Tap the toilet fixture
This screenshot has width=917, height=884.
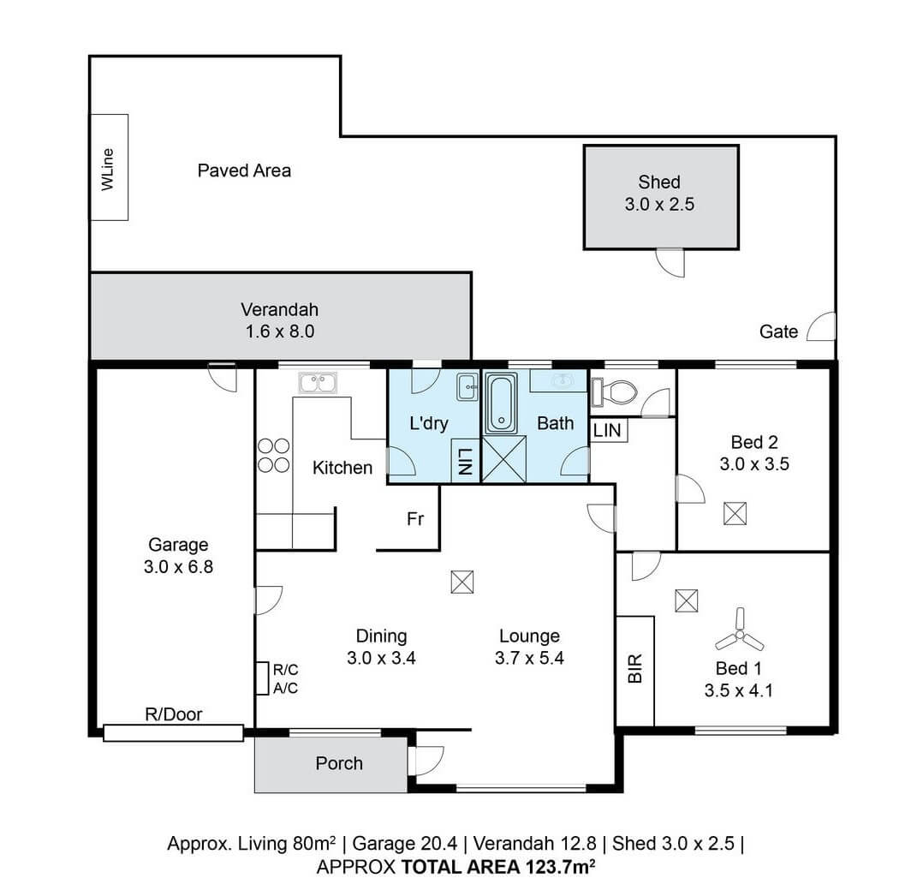tap(616, 392)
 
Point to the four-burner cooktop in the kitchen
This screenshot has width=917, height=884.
tap(273, 455)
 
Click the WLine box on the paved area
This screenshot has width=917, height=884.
tap(110, 167)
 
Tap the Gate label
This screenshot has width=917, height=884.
tap(778, 331)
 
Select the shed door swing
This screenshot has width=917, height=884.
tap(670, 262)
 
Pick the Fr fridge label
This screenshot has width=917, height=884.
tap(415, 519)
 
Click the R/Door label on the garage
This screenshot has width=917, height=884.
tap(175, 714)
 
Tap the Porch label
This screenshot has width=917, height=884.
tap(339, 763)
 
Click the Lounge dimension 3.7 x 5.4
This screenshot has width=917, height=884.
tap(529, 659)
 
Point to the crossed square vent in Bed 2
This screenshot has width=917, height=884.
tap(734, 513)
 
